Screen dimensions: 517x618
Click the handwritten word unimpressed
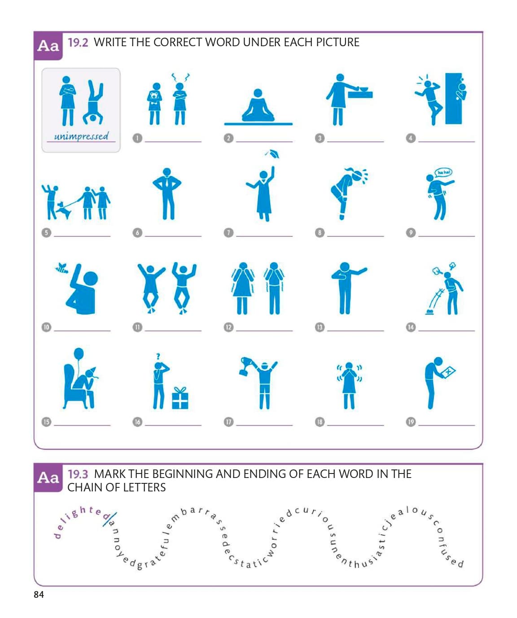(x=81, y=136)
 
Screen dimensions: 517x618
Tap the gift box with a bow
(x=180, y=398)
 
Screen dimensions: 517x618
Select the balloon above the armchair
(x=79, y=354)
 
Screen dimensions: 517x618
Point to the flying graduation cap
(x=272, y=153)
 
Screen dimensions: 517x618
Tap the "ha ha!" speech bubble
(x=443, y=172)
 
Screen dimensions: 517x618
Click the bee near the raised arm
(x=62, y=268)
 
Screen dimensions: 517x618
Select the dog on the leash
(x=63, y=210)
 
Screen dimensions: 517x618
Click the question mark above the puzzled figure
(x=158, y=356)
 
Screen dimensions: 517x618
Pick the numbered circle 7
(x=228, y=232)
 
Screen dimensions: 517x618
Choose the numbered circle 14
(x=411, y=327)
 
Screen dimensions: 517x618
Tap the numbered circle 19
(x=411, y=421)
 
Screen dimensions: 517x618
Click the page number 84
(x=39, y=594)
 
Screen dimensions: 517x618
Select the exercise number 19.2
(x=78, y=43)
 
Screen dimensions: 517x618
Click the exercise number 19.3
(x=78, y=474)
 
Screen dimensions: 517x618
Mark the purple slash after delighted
(x=110, y=519)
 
